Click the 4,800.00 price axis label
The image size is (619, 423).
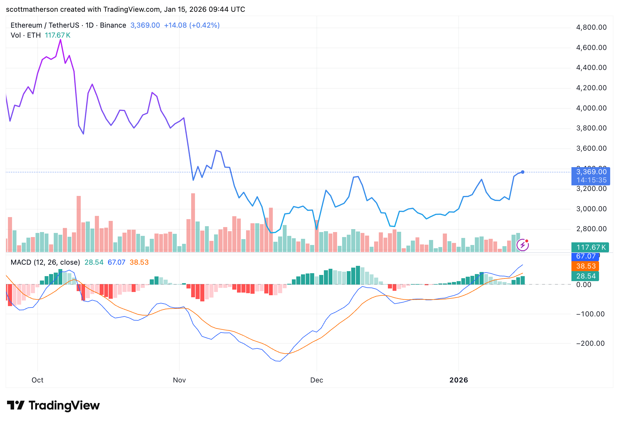point(591,27)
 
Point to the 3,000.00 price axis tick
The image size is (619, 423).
point(591,209)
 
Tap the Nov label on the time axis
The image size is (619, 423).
point(179,380)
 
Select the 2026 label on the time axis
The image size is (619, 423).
point(458,380)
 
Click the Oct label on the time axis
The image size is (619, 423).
point(37,380)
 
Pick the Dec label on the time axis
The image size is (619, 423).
point(317,380)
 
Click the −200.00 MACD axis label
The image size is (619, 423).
point(590,343)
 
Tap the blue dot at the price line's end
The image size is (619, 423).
point(523,172)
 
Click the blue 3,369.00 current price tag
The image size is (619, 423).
point(591,172)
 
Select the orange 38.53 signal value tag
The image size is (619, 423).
point(586,266)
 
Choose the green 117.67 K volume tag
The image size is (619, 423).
point(590,247)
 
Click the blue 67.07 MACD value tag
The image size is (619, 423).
point(585,256)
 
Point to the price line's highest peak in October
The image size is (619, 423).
point(60,40)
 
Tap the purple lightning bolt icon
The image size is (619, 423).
point(523,245)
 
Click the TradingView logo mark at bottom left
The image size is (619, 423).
point(16,405)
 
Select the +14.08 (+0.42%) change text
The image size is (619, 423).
point(191,25)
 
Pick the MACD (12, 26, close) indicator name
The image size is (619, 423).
point(45,262)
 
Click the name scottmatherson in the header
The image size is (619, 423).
point(32,9)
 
